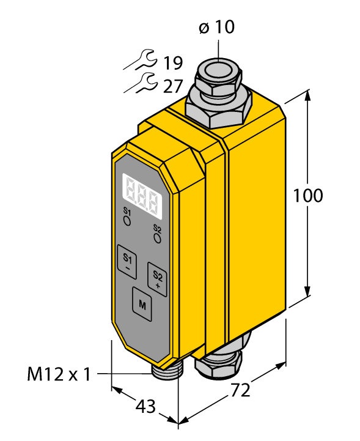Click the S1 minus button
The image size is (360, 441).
pyautogui.click(x=127, y=261)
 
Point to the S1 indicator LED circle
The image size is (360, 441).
pyautogui.click(x=128, y=222)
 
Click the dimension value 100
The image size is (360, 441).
pyautogui.click(x=307, y=196)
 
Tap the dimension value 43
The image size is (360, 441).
pyautogui.click(x=145, y=406)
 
